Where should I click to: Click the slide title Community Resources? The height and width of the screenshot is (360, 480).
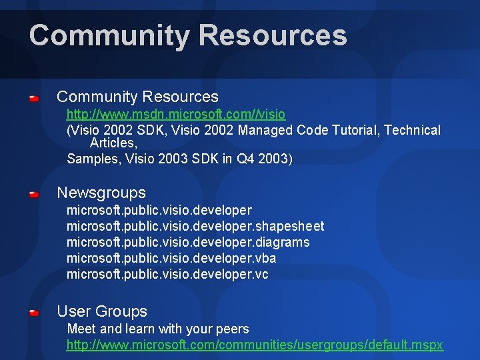[x=188, y=35]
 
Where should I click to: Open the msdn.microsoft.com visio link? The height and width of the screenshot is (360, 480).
[x=176, y=114]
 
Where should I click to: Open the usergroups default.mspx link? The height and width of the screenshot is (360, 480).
[x=255, y=345]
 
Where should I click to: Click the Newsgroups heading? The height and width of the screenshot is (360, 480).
[x=101, y=193]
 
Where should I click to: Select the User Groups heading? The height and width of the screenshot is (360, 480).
[x=102, y=311]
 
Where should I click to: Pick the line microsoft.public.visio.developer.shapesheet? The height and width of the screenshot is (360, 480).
[x=195, y=226]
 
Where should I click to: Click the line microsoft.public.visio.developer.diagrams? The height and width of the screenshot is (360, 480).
[x=188, y=242]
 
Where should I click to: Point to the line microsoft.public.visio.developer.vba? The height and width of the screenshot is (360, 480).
[x=171, y=258]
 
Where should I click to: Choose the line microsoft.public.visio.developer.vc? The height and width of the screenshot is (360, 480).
[x=167, y=274]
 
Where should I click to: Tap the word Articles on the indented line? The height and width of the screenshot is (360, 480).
[x=113, y=143]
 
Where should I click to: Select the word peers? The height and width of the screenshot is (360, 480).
[x=232, y=329]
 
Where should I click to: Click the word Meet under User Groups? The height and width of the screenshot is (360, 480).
[x=82, y=329]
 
